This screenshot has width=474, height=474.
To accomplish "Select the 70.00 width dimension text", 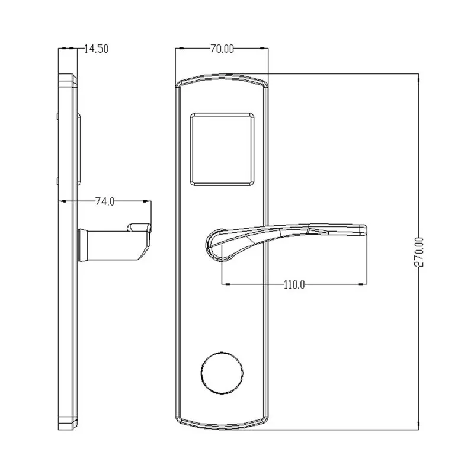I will point(220,49).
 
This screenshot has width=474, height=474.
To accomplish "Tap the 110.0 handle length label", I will point(293,284).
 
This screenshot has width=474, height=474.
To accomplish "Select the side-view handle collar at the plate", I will point(84,246).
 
